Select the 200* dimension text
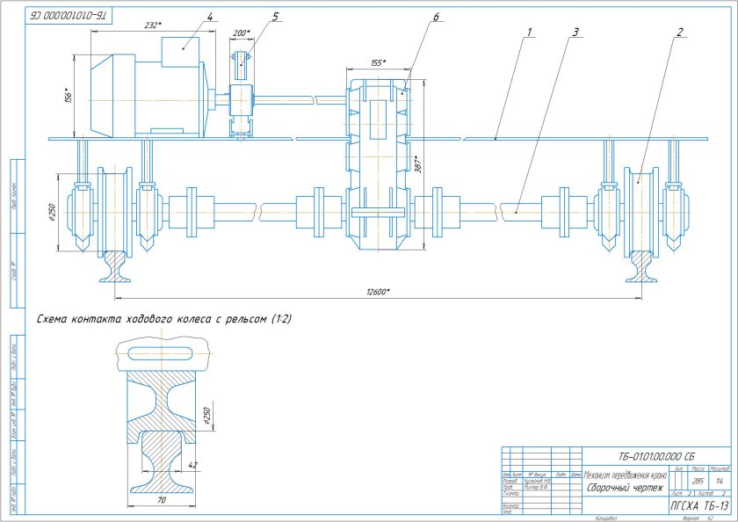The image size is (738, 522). (x=242, y=33)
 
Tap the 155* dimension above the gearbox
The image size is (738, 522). (x=379, y=62)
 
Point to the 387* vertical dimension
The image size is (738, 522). (x=419, y=164)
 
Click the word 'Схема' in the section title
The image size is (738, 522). (x=54, y=319)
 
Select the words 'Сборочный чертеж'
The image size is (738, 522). (x=625, y=486)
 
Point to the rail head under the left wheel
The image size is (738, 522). (x=115, y=257)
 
